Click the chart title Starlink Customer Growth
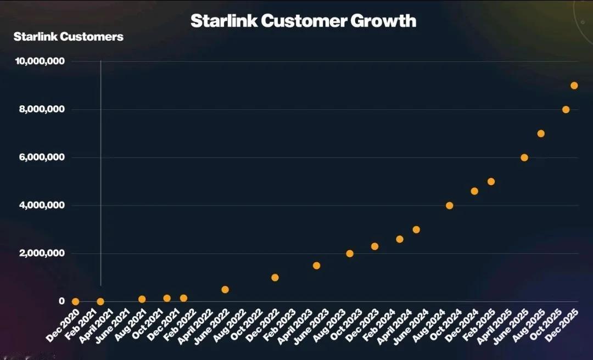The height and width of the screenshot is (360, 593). [303, 21]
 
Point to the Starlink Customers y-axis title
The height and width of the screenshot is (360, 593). [68, 37]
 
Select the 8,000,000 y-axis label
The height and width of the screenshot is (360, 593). [43, 109]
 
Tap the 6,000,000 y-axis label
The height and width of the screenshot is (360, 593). [43, 157]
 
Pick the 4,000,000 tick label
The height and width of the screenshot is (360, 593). [43, 205]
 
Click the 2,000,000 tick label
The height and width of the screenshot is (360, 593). [43, 254]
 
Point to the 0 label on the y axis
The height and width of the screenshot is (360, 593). [62, 301]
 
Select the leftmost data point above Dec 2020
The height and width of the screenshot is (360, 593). [75, 301]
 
